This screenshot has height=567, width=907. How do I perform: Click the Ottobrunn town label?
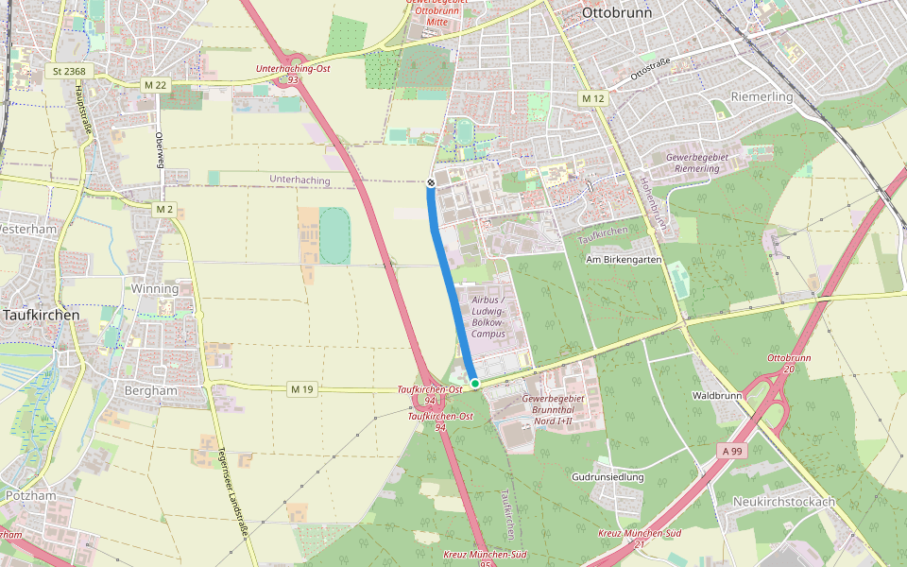(618, 13)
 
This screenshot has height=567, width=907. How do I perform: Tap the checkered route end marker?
(431, 181)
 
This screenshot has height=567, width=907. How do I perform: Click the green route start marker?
(475, 383)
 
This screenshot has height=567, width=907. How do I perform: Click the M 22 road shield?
(156, 85)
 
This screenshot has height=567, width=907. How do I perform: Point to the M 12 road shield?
(592, 98)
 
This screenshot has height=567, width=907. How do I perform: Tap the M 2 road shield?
(164, 208)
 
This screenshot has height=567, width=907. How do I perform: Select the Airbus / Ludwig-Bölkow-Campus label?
(488, 316)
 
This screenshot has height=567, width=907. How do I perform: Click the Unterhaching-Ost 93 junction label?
(293, 75)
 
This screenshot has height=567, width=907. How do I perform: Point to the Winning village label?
(154, 288)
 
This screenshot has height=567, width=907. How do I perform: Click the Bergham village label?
(151, 389)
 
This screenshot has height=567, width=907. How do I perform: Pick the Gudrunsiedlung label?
(608, 477)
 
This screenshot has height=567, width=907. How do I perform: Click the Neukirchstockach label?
(784, 502)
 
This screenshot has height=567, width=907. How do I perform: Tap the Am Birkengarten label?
(621, 259)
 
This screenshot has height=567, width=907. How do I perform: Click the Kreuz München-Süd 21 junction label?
(639, 538)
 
